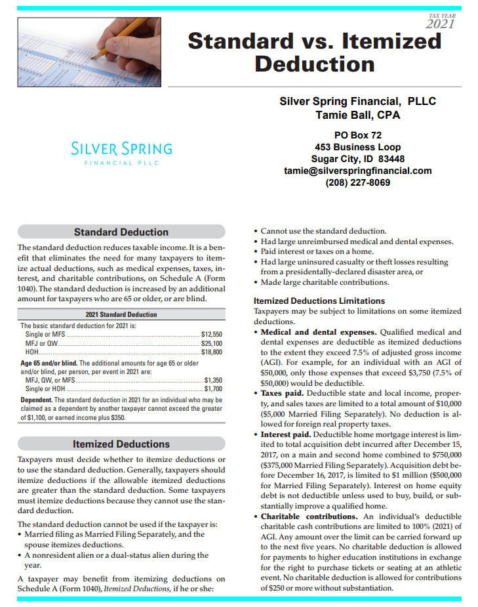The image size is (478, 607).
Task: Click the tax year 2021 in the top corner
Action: pos(440,23)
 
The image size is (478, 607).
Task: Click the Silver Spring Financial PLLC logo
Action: pos(122,152)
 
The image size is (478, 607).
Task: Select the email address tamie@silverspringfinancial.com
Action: pos(357,171)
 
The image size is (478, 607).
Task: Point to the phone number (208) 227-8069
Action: pos(357,182)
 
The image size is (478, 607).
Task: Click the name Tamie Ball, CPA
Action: pos(357,115)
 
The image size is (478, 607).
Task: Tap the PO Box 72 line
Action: pos(357,135)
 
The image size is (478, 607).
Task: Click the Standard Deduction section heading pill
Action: pos(121,232)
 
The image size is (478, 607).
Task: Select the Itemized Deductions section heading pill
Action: pos(121,444)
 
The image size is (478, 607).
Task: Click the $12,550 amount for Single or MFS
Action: pos(212,335)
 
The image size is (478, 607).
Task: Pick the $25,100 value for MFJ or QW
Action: pos(212,343)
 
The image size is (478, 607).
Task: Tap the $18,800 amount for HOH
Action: pos(212,352)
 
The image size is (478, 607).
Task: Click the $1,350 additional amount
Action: pos(214,379)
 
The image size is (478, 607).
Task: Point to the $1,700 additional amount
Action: pos(214,388)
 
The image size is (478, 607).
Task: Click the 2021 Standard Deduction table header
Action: pos(121,315)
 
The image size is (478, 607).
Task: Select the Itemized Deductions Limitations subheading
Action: pos(319,301)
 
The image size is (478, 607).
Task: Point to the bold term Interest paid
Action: pos(286,434)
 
